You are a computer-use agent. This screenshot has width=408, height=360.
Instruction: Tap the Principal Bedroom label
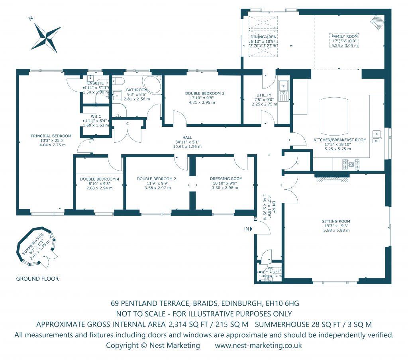[x=51, y=136]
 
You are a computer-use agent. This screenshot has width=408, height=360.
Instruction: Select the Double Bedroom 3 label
[x=205, y=93]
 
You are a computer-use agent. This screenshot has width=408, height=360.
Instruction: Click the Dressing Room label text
[x=226, y=179]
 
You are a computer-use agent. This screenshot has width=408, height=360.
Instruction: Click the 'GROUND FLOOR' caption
[x=37, y=279]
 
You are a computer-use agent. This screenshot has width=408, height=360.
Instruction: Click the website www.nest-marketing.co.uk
[x=258, y=345]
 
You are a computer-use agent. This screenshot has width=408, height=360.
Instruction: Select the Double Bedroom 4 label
[x=100, y=179]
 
